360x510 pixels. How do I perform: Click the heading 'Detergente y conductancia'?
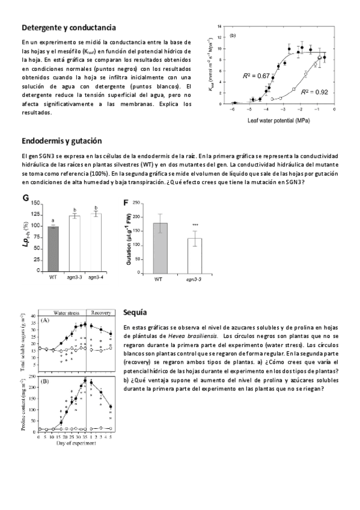pyautogui.click(x=69, y=28)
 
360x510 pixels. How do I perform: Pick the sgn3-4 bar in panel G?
pyautogui.click(x=96, y=241)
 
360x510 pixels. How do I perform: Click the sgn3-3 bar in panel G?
pyautogui.click(x=75, y=242)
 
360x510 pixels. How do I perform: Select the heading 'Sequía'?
pyautogui.click(x=135, y=313)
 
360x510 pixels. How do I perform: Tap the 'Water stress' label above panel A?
pyautogui.click(x=63, y=313)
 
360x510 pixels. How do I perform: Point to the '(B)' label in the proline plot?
pyautogui.click(x=44, y=381)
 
